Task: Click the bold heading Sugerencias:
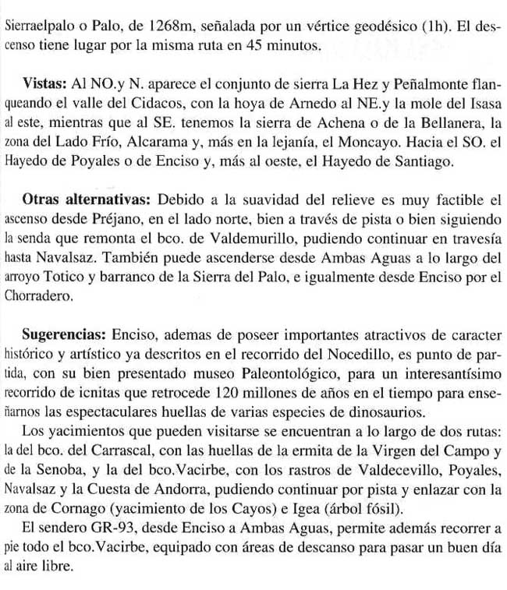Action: click(63, 334)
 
